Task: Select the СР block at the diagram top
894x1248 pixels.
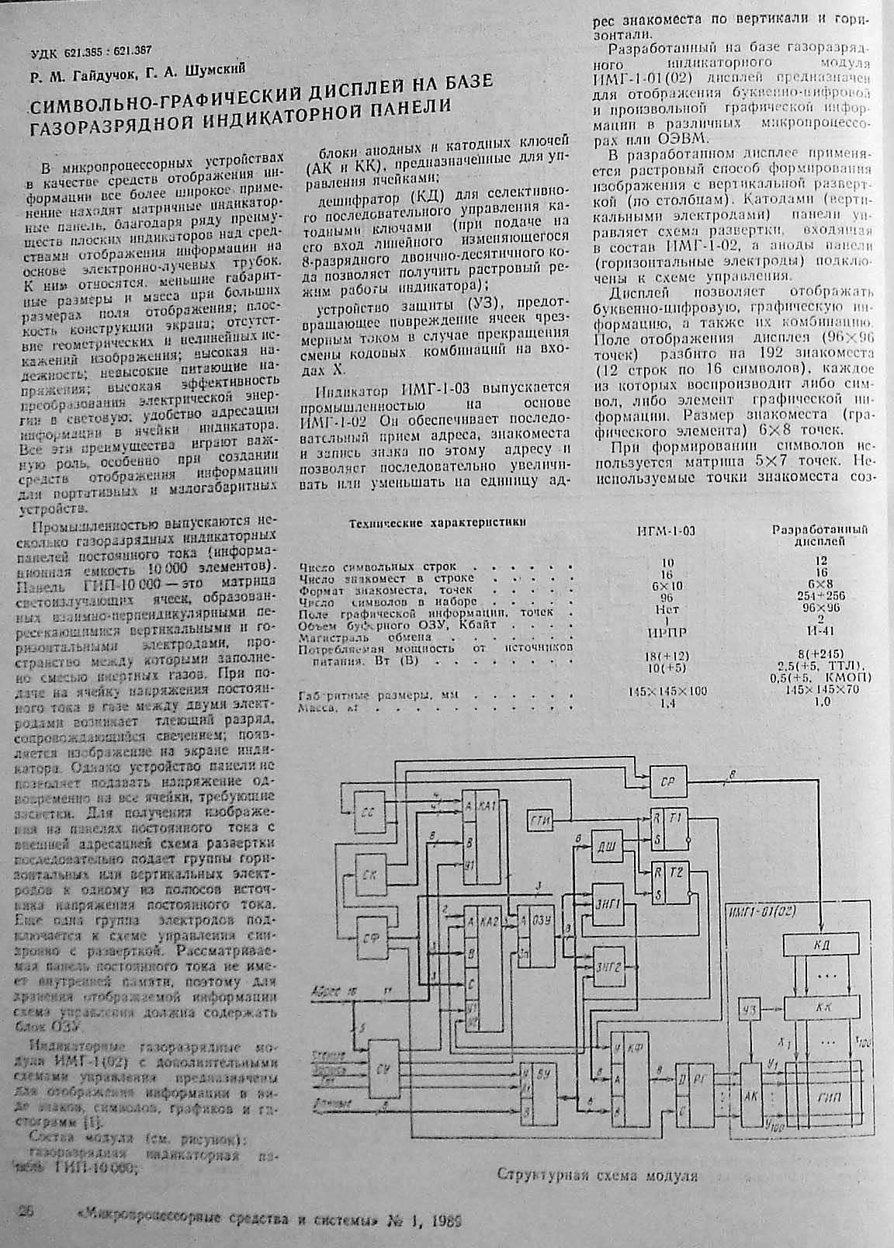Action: pos(667,782)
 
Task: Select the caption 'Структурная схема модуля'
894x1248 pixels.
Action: pos(597,1174)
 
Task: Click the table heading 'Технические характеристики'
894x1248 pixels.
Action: pos(438,523)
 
